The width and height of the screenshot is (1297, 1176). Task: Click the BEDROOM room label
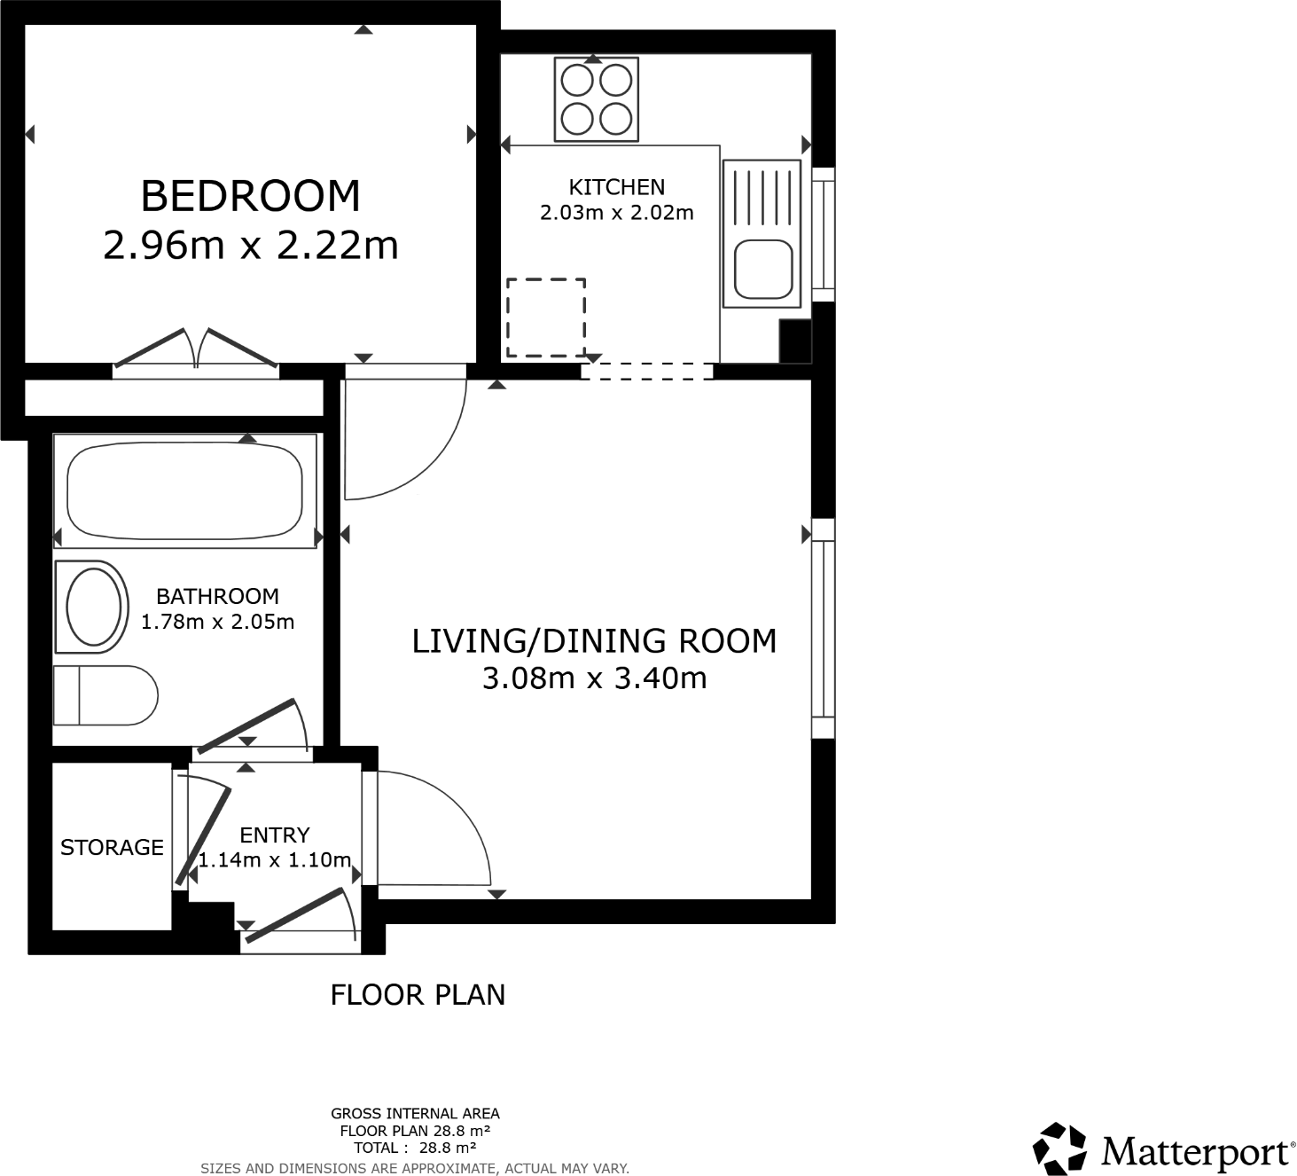(x=250, y=196)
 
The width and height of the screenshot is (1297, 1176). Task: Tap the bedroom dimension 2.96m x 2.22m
(x=250, y=246)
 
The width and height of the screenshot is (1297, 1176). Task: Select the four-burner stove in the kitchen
(x=596, y=98)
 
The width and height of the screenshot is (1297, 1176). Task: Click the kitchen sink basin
(x=763, y=270)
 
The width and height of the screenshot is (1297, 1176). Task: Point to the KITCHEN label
(x=616, y=187)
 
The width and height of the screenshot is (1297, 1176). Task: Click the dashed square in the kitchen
(x=545, y=318)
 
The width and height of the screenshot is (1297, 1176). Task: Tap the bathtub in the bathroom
(x=184, y=491)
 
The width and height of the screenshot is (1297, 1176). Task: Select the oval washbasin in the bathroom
(x=93, y=607)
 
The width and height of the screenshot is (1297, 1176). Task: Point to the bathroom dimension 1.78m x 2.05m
(x=217, y=622)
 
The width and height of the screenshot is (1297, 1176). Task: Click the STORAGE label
(x=112, y=848)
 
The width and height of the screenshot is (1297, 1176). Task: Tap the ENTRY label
(x=274, y=835)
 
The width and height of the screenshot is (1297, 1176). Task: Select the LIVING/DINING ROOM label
(x=594, y=641)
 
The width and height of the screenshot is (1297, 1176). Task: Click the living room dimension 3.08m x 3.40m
(x=594, y=678)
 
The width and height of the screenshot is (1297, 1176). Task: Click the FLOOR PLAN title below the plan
(x=418, y=995)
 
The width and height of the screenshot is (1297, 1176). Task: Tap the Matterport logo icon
(x=1059, y=1149)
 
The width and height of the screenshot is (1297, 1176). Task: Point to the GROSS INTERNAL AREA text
(x=415, y=1113)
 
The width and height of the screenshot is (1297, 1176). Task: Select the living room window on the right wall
(x=824, y=628)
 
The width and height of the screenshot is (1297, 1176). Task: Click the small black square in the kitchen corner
(x=795, y=341)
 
